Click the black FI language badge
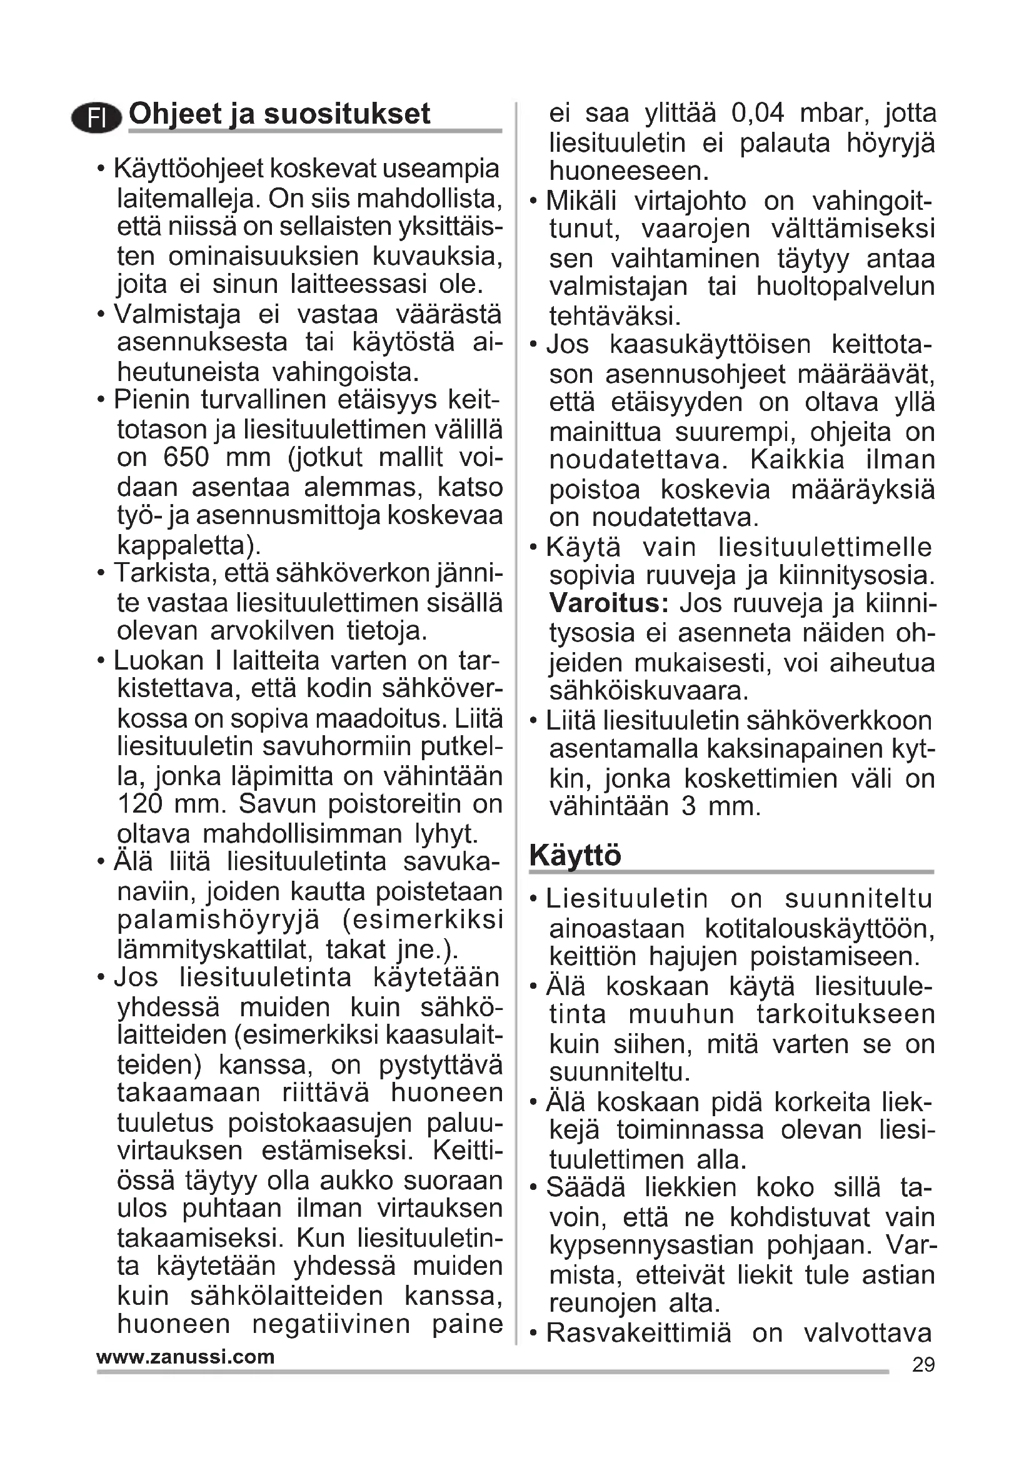96,118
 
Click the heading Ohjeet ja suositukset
279,114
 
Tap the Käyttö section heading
575,855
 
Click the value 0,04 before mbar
758,113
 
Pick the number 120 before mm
140,805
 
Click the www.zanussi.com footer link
185,1357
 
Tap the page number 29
923,1365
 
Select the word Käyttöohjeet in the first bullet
188,169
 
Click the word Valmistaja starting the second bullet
177,314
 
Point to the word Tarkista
163,573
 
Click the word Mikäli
581,201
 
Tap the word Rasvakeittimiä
639,1332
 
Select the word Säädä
586,1188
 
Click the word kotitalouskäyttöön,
820,928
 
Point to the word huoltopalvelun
846,286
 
